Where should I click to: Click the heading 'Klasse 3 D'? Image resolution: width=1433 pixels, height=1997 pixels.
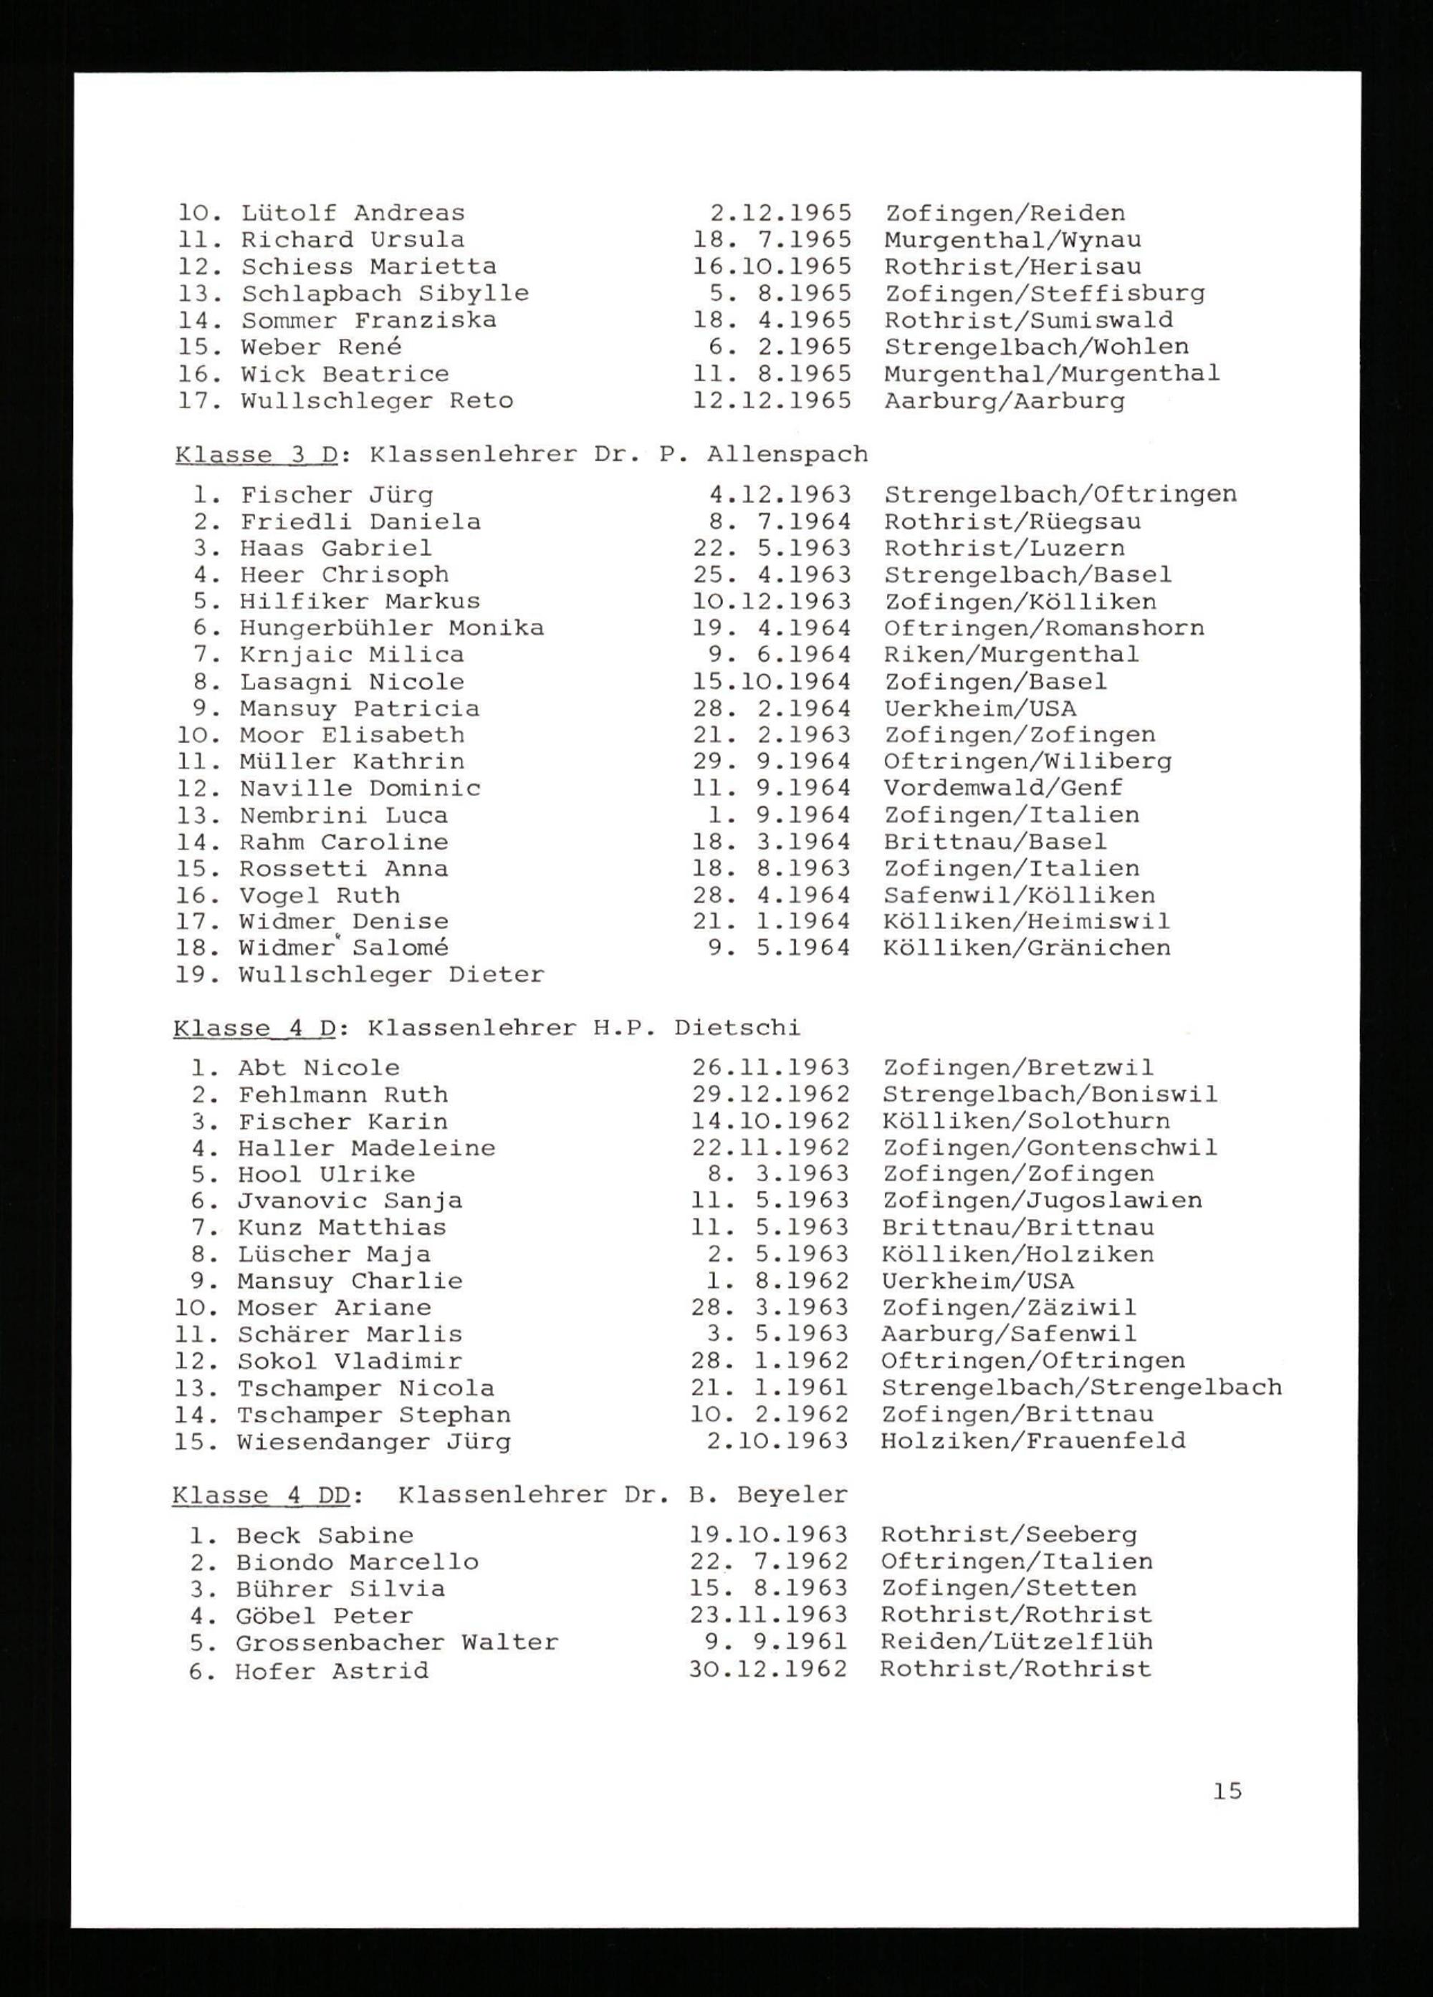(257, 456)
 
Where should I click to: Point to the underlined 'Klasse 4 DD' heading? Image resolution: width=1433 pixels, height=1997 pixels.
(261, 1494)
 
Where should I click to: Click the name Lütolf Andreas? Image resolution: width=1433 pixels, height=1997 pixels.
(353, 213)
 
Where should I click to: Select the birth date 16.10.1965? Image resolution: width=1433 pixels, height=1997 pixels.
(772, 266)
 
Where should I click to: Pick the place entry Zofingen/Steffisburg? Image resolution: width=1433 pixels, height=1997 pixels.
(1045, 293)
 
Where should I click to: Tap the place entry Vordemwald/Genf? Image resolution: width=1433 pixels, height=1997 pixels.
(1003, 788)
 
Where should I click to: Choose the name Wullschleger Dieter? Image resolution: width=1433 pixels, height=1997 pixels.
(391, 975)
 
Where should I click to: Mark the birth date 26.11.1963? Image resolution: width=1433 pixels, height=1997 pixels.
(770, 1068)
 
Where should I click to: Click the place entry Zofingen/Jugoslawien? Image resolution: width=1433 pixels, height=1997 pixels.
(1042, 1200)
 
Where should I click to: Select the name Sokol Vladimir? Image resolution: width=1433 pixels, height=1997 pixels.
(349, 1360)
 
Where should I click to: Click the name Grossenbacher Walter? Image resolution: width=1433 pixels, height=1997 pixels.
(396, 1642)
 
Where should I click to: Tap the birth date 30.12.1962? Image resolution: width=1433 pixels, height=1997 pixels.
(768, 1670)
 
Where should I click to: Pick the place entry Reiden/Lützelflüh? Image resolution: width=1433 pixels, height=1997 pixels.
(1015, 1642)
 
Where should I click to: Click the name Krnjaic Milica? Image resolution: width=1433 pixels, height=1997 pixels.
(351, 655)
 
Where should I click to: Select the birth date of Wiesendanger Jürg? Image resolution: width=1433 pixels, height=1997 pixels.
(777, 1440)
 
